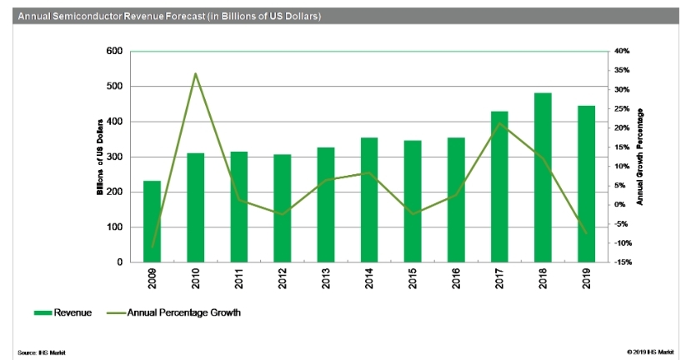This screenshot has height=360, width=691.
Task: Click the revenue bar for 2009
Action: (x=152, y=222)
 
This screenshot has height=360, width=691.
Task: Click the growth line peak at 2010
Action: (x=195, y=73)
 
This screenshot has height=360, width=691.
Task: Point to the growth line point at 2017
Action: (x=499, y=123)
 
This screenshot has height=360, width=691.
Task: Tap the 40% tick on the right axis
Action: (x=621, y=52)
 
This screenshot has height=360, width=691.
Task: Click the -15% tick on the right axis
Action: (x=621, y=262)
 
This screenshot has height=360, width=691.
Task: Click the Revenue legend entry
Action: (x=62, y=312)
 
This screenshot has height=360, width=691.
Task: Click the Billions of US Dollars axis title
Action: (x=100, y=157)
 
